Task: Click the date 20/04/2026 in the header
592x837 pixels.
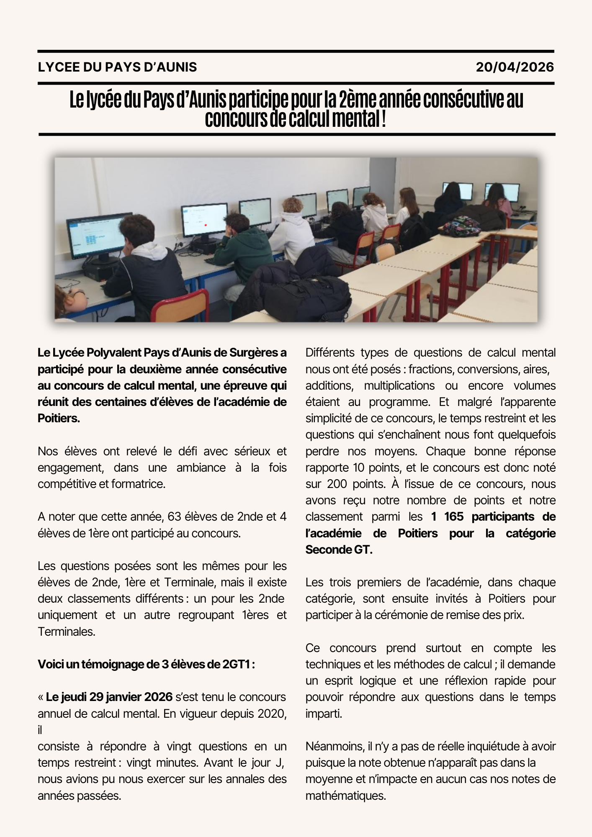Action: (515, 67)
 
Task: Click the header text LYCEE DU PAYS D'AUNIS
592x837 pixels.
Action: (117, 67)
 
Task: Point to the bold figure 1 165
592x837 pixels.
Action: (448, 517)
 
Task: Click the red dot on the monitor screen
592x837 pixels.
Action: (206, 225)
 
